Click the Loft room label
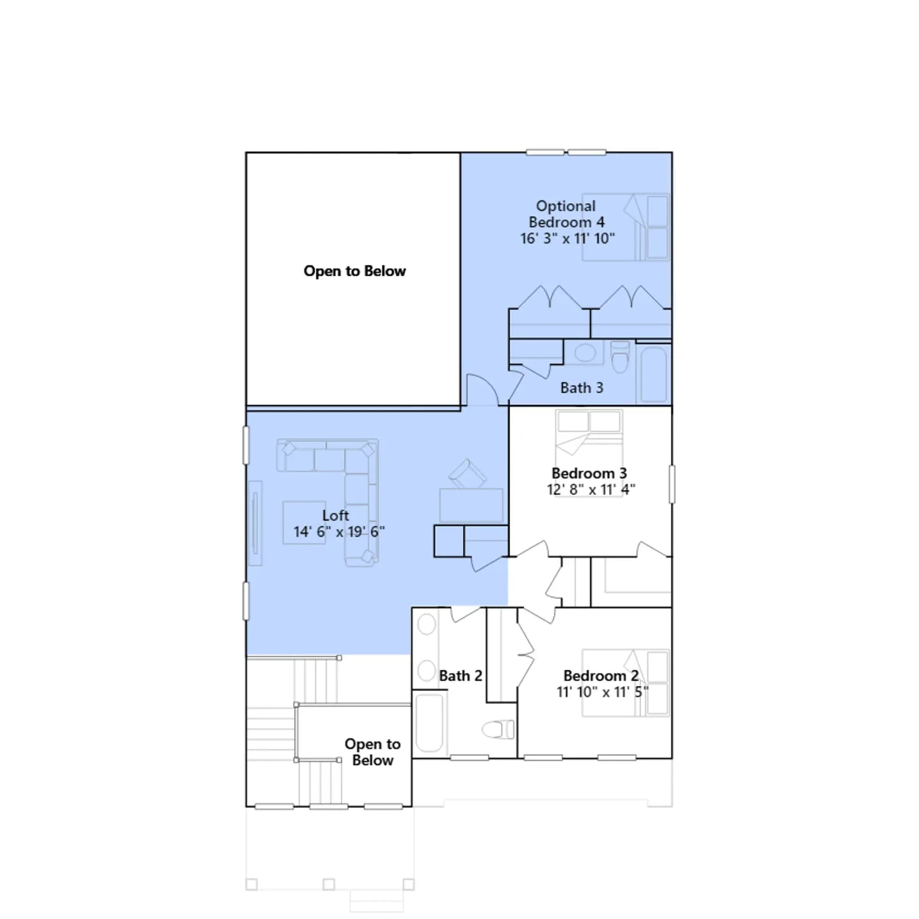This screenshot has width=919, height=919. click(x=335, y=515)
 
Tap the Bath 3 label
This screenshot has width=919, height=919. click(x=582, y=388)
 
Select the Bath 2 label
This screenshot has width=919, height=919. click(x=461, y=676)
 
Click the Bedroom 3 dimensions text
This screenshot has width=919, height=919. click(x=591, y=489)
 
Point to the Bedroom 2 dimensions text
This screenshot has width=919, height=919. click(x=603, y=692)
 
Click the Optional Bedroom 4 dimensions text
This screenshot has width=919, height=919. click(x=567, y=238)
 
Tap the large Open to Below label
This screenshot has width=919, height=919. click(x=355, y=271)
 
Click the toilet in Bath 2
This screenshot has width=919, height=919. click(x=498, y=730)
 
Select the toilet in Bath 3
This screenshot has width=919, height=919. click(x=620, y=357)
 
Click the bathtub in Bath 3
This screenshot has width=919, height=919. click(x=654, y=374)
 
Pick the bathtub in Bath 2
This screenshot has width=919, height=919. click(x=429, y=723)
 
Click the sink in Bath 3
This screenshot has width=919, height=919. click(x=585, y=352)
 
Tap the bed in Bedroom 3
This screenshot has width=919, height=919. click(x=589, y=453)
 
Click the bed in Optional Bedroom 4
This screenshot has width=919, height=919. click(x=626, y=227)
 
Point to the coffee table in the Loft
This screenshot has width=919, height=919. click(x=304, y=522)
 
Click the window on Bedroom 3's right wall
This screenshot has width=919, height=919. click(x=672, y=484)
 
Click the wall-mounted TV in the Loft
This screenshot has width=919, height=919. click(x=255, y=523)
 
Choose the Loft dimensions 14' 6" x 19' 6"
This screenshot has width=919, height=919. click(x=339, y=532)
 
